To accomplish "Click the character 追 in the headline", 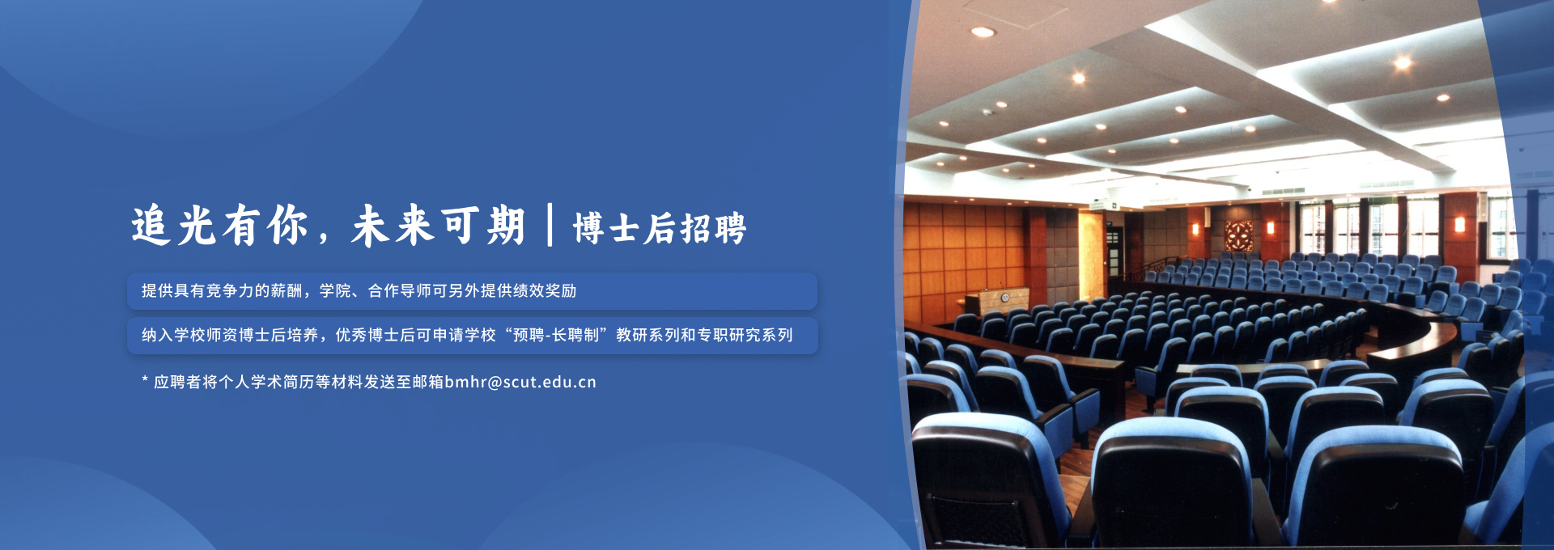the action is click(151, 226).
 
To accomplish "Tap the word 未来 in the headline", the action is click(393, 226).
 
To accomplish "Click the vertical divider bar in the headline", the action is click(550, 225).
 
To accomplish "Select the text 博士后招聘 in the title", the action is click(660, 228).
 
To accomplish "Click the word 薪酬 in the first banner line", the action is click(287, 291).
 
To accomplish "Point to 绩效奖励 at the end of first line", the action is click(545, 291).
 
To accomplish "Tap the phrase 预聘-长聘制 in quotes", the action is click(557, 335).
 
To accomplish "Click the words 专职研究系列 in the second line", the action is click(745, 335).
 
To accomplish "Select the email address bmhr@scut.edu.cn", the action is click(520, 382).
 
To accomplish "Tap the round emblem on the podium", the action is click(1004, 298).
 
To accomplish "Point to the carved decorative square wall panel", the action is click(1238, 235).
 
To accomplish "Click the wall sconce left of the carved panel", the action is click(1195, 230).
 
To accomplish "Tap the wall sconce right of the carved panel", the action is click(1269, 228).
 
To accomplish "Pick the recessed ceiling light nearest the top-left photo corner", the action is click(983, 32).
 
